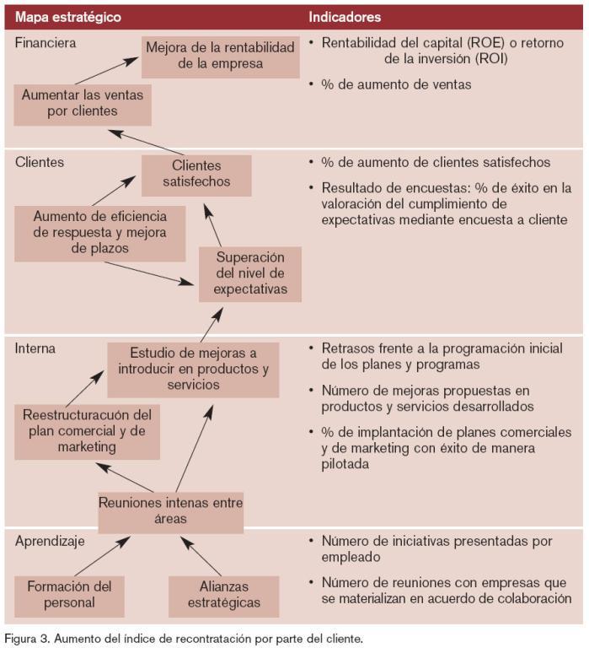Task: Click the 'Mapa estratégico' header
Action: coord(68,17)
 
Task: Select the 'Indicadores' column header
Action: coord(344,17)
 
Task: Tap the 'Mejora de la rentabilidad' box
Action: coord(220,56)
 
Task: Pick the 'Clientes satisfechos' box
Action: coord(196,174)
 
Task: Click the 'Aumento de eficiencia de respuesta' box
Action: coord(100,232)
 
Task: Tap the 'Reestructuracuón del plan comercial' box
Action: coord(87,431)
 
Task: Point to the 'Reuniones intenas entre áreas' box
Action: coord(170,510)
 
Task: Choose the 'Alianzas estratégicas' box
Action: coord(223,595)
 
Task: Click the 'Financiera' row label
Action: coord(46,42)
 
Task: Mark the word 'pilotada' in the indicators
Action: coord(347,463)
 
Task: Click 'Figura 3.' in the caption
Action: coord(29,639)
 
